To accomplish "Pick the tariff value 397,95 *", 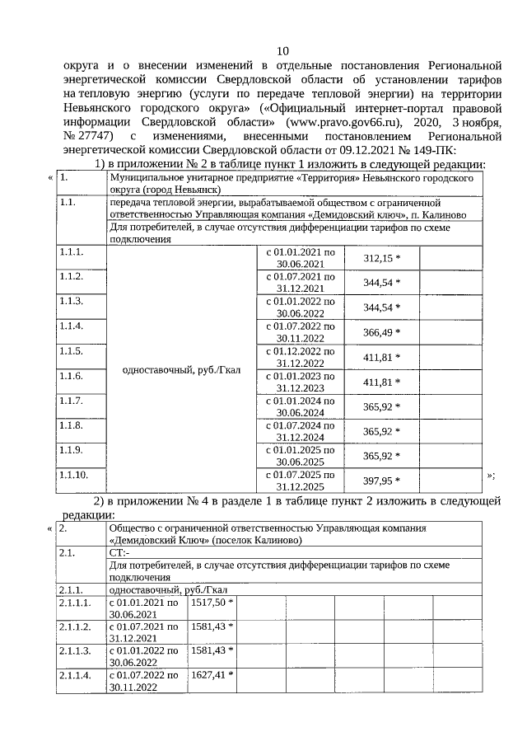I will tap(381, 481).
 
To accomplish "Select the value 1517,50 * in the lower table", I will tap(212, 603).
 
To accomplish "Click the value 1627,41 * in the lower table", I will tap(212, 674).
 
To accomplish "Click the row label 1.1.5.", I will tap(72, 351).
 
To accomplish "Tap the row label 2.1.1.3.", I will tap(74, 650).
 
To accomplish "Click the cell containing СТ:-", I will tap(120, 553).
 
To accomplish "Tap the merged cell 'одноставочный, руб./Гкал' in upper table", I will tap(180, 370).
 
